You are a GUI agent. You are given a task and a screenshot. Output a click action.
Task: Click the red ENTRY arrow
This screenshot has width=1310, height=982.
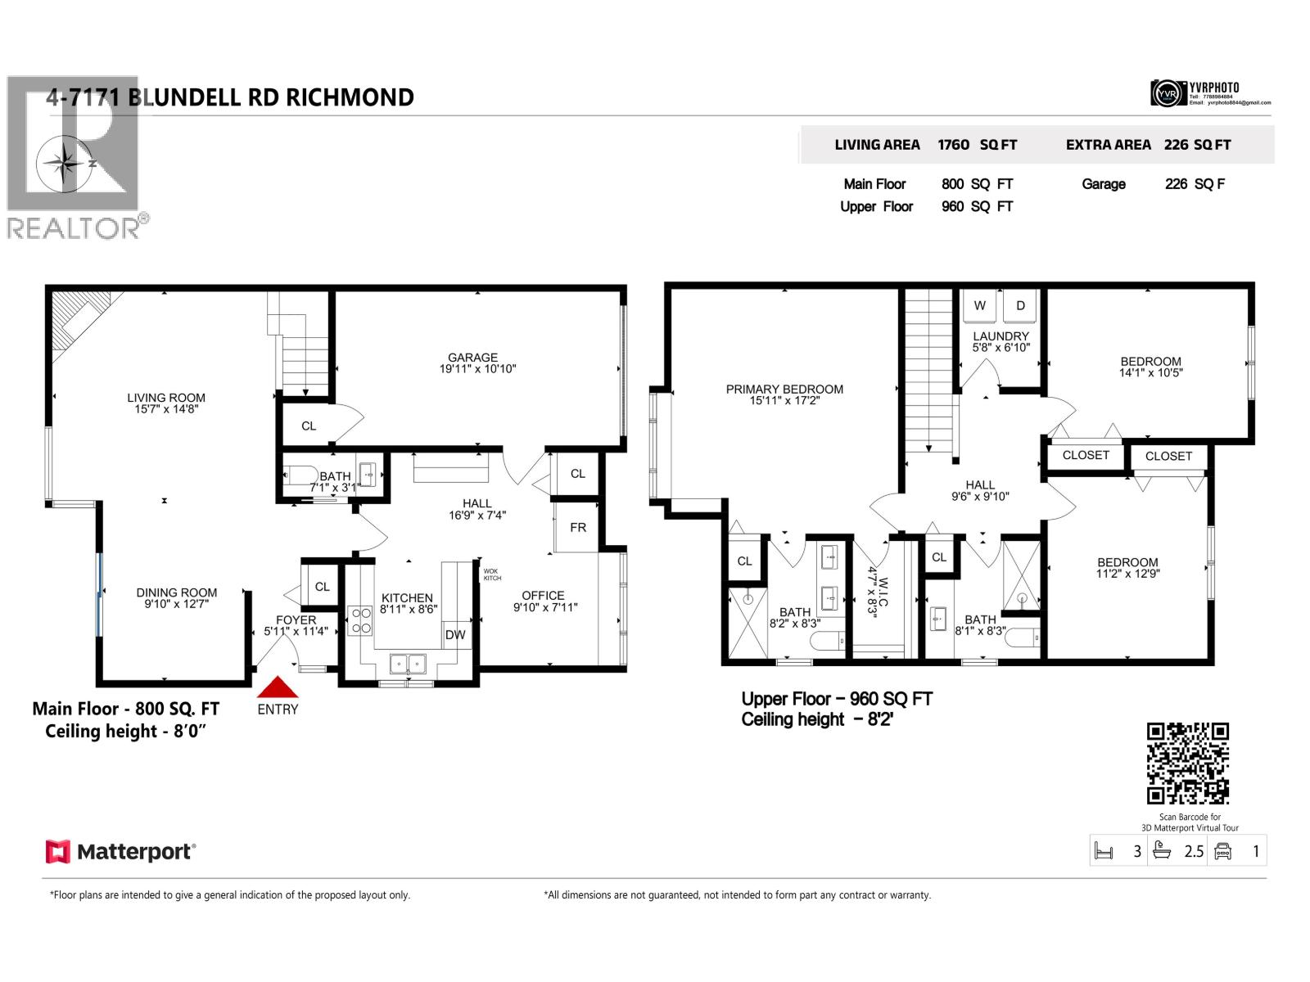278,687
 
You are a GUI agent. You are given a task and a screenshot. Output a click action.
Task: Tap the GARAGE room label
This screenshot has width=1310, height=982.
472,358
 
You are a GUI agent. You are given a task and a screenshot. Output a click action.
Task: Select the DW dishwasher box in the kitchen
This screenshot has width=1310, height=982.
455,635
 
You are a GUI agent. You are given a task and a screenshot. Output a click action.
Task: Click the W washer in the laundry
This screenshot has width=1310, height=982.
980,306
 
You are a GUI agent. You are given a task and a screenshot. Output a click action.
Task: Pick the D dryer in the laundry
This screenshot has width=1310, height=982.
1020,306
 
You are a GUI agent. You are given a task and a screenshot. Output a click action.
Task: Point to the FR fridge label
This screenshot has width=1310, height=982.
578,528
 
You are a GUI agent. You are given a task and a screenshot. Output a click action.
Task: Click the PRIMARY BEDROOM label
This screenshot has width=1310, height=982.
784,390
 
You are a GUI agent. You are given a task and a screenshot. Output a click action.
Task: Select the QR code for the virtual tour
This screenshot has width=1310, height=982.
1188,764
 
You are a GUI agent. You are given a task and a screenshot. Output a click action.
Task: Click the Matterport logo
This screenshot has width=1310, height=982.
120,852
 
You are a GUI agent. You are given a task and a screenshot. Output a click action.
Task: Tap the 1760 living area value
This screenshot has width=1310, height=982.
953,145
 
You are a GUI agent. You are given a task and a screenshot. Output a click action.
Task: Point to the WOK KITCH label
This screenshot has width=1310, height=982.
492,574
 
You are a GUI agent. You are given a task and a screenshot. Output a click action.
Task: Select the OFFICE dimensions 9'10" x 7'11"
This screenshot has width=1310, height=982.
545,607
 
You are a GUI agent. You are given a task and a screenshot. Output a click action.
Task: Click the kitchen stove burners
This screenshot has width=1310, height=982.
360,620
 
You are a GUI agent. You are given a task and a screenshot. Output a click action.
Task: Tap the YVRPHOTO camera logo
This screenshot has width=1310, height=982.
1168,93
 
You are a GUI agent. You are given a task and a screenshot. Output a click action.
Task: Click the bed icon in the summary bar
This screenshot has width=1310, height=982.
1104,851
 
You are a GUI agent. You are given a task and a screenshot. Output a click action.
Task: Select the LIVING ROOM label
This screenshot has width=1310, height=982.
166,398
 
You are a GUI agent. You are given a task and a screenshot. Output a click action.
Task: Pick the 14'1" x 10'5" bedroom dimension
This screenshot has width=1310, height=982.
1150,373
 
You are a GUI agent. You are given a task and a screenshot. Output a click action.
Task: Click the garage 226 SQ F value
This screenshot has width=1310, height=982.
1195,184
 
